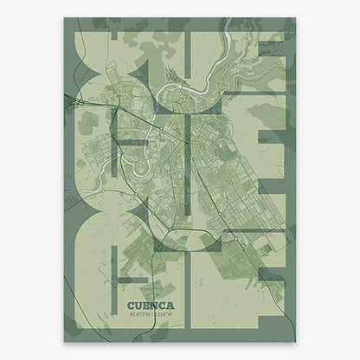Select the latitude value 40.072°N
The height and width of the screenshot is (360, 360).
pyautogui.click(x=139, y=314)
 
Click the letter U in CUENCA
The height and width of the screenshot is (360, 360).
pyautogui.click(x=138, y=305)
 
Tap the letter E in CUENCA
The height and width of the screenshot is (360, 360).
pyautogui.click(x=145, y=305)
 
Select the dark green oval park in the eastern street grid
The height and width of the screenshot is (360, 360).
pyautogui.click(x=226, y=152)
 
